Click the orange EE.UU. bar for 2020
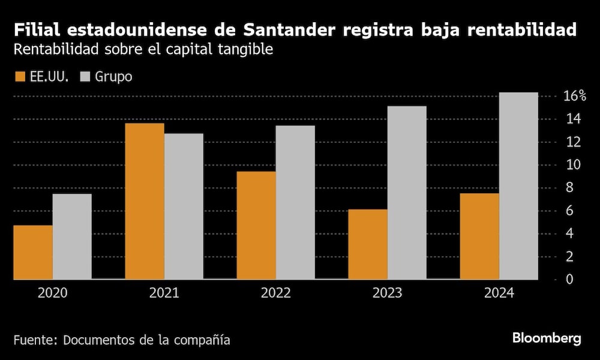coord(33,252)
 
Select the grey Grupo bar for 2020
coord(72,236)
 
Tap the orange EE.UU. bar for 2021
coord(145,201)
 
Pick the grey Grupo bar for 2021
coord(184,206)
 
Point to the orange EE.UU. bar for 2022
coord(256,225)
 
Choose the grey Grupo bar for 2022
coord(295,202)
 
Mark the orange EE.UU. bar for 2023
coord(368,244)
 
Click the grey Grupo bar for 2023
coord(407,193)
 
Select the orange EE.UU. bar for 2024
coord(479,236)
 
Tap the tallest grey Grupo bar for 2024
coord(518,186)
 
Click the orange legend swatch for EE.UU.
coord(19,77)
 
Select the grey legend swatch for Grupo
coord(85,77)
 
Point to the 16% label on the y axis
coord(574,97)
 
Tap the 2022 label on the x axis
coord(275,293)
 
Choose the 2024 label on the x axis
coord(499,293)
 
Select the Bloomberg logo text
coord(547,338)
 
